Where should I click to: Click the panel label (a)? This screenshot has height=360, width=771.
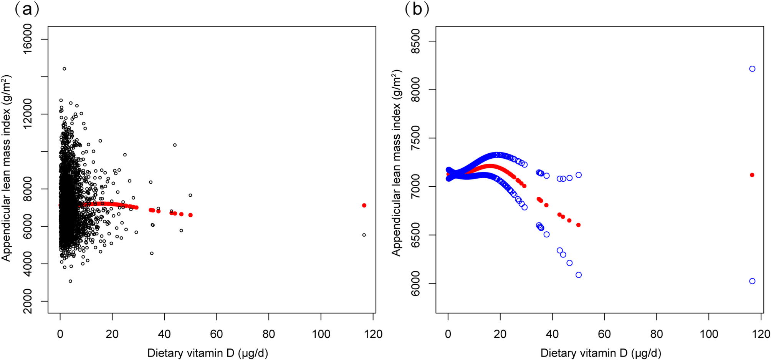pyautogui.click(x=27, y=9)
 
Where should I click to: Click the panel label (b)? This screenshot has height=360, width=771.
pyautogui.click(x=417, y=9)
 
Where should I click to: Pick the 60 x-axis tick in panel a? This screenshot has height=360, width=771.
pyautogui.click(x=217, y=334)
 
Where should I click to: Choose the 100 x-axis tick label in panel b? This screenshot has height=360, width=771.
pyautogui.click(x=708, y=334)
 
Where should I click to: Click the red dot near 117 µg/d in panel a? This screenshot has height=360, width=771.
pyautogui.click(x=364, y=206)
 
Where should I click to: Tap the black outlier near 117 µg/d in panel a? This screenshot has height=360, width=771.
pyautogui.click(x=364, y=235)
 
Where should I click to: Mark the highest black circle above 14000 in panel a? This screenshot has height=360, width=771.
pyautogui.click(x=65, y=69)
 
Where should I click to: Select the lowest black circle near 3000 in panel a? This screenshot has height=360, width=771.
pyautogui.click(x=70, y=281)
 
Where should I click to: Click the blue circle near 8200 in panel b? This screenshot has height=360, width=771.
pyautogui.click(x=752, y=69)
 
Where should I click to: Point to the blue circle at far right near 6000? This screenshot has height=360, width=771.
pyautogui.click(x=752, y=281)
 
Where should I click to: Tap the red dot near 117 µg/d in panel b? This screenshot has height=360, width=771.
pyautogui.click(x=752, y=175)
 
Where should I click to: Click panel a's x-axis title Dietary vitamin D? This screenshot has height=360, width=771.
pyautogui.click(x=207, y=353)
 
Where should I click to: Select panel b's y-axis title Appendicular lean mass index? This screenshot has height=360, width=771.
pyautogui.click(x=396, y=163)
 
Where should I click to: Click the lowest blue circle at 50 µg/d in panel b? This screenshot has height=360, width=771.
pyautogui.click(x=579, y=275)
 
